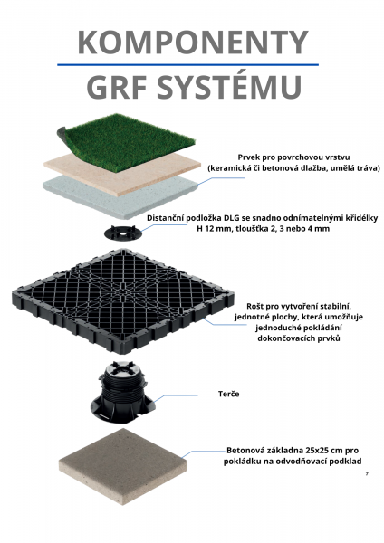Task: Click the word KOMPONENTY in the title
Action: point(193,42)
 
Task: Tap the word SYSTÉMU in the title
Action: point(229,87)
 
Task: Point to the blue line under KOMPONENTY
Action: point(187,64)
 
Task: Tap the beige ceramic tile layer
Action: point(121,175)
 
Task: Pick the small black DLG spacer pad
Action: point(123,233)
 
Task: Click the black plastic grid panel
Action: point(123,300)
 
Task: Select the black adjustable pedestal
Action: point(122,391)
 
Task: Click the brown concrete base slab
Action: point(123,466)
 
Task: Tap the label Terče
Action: point(229,394)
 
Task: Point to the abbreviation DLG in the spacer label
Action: point(231,218)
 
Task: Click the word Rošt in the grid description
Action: point(255,307)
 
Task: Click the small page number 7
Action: point(367,473)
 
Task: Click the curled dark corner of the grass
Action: point(62,132)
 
